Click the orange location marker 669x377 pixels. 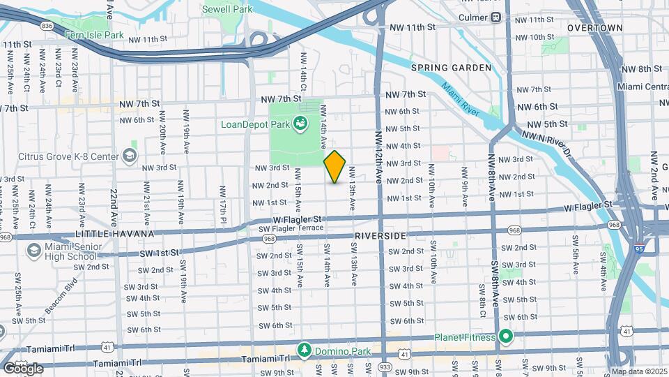coord(334,166)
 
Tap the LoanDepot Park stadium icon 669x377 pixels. coord(301,124)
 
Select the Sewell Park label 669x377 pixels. coord(227,10)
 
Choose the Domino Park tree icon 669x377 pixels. coord(304,348)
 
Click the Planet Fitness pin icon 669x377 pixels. coord(505,337)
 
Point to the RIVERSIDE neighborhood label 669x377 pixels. coord(380,236)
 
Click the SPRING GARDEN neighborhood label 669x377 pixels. coord(451,68)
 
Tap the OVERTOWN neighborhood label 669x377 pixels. coord(594,28)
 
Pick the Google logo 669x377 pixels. coord(23,368)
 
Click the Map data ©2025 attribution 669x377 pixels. coord(638,371)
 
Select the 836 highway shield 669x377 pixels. coord(47,25)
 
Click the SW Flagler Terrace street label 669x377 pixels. coord(291,228)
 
